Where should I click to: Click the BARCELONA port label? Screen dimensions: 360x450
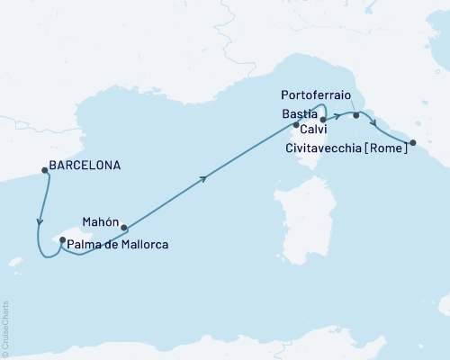coord(85,166)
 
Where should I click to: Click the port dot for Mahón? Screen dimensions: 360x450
coord(124,228)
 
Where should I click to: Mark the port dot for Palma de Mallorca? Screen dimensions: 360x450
coord(62,239)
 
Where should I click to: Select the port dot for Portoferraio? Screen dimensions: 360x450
coord(356,115)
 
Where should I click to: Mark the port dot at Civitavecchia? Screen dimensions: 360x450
coord(413,142)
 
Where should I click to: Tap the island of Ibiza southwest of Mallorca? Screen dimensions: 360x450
coord(13,263)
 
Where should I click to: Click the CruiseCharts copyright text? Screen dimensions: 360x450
coord(5,329)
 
